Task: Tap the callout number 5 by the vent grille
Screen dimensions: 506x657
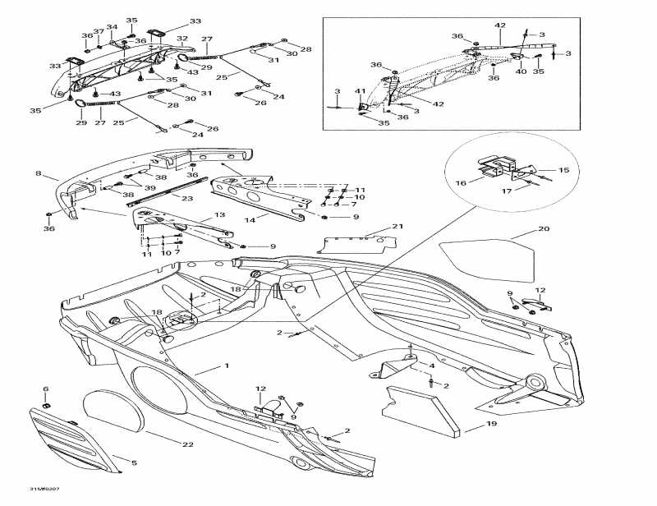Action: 135,462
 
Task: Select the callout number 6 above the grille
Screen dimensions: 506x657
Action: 45,389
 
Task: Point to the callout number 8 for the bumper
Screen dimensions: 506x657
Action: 38,173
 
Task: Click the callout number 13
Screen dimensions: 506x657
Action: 219,214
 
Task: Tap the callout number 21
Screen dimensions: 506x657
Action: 397,226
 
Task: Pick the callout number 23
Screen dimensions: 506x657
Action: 187,198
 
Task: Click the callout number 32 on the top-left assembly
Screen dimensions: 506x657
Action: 182,38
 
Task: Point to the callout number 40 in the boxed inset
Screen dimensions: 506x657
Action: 521,71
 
